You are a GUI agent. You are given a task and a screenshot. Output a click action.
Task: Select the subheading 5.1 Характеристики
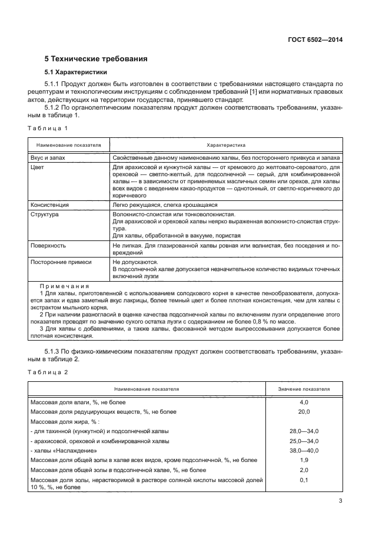pos(76,73)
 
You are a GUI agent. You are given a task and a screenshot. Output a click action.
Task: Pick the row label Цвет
pos(36,168)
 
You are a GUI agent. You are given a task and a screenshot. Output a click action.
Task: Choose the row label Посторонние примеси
pos(57,260)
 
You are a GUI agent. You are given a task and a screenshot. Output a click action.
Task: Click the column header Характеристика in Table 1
pos(226,144)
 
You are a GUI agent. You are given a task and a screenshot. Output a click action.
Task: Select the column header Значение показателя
pos(304,389)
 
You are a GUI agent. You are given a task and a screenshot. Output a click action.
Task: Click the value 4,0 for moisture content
pos(304,402)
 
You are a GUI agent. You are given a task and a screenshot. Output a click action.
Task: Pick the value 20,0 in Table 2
pos(304,411)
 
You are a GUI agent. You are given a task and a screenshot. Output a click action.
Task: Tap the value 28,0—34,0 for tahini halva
pos(304,431)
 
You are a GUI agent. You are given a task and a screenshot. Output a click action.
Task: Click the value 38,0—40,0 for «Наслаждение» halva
pos(304,451)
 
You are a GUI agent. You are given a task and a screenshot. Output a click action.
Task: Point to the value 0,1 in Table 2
pos(304,481)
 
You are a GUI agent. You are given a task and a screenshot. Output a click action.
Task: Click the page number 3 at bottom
pos(340,501)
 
